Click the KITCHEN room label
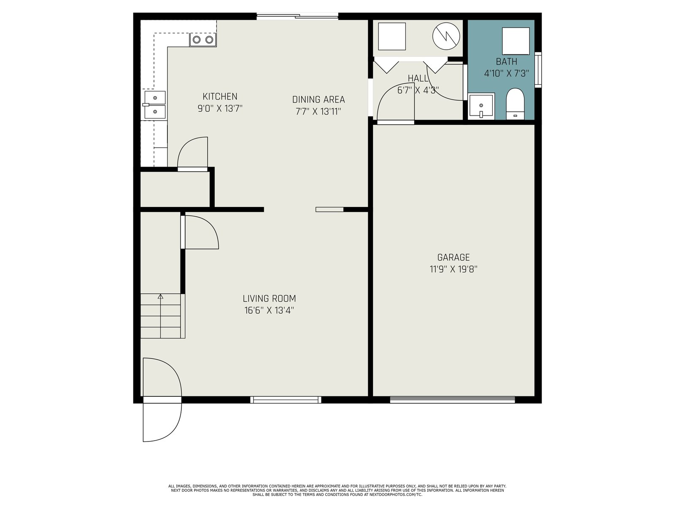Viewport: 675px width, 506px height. tap(220, 97)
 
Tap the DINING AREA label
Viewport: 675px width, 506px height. tap(318, 100)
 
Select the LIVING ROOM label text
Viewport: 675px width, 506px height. tap(269, 298)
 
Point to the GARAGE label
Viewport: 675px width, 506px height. tap(453, 257)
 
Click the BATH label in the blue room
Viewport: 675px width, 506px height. tap(506, 62)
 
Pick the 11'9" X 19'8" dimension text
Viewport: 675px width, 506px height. tap(453, 269)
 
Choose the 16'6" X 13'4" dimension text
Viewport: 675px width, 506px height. tap(269, 310)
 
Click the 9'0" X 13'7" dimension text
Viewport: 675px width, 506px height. tap(220, 108)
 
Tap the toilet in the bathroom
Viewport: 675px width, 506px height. tap(515, 104)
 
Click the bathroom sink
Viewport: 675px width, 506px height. tap(481, 106)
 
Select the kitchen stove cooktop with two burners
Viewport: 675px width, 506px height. tap(203, 40)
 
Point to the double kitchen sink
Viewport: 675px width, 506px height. tap(155, 105)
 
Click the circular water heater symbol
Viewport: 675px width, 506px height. tap(446, 36)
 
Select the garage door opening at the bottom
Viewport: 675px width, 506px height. tap(452, 400)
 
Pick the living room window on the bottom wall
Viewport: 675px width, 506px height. tap(286, 400)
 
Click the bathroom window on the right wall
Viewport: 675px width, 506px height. tap(538, 70)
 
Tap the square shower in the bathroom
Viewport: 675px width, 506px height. tap(516, 41)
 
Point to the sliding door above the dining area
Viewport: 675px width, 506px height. tap(297, 16)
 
